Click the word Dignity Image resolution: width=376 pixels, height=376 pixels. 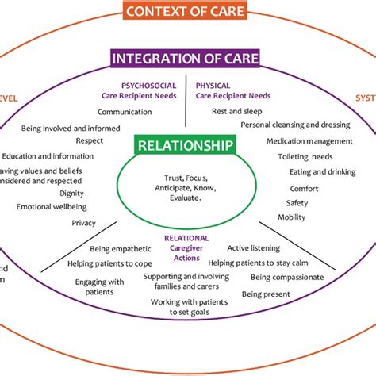[50, 193]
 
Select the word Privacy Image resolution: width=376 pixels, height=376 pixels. [83, 223]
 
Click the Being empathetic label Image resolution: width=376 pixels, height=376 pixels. [118, 248]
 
